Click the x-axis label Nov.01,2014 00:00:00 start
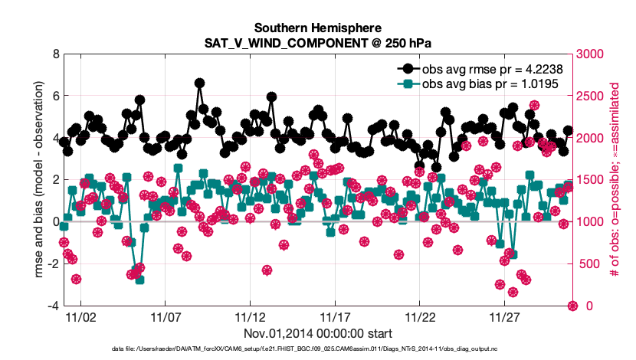point(318,334)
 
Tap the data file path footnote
point(318,349)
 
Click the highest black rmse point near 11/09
point(199,83)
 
